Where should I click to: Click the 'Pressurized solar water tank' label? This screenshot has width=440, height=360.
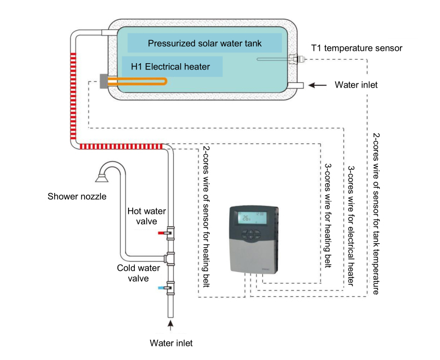[204, 43]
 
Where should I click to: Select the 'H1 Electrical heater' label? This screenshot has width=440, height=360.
[170, 67]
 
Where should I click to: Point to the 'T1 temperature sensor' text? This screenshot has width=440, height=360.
[357, 48]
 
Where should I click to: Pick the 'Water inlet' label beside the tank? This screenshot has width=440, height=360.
[356, 85]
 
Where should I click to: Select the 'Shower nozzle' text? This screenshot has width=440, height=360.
[77, 196]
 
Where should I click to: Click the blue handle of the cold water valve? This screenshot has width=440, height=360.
[162, 287]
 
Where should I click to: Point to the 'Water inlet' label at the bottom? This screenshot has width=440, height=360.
[171, 343]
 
